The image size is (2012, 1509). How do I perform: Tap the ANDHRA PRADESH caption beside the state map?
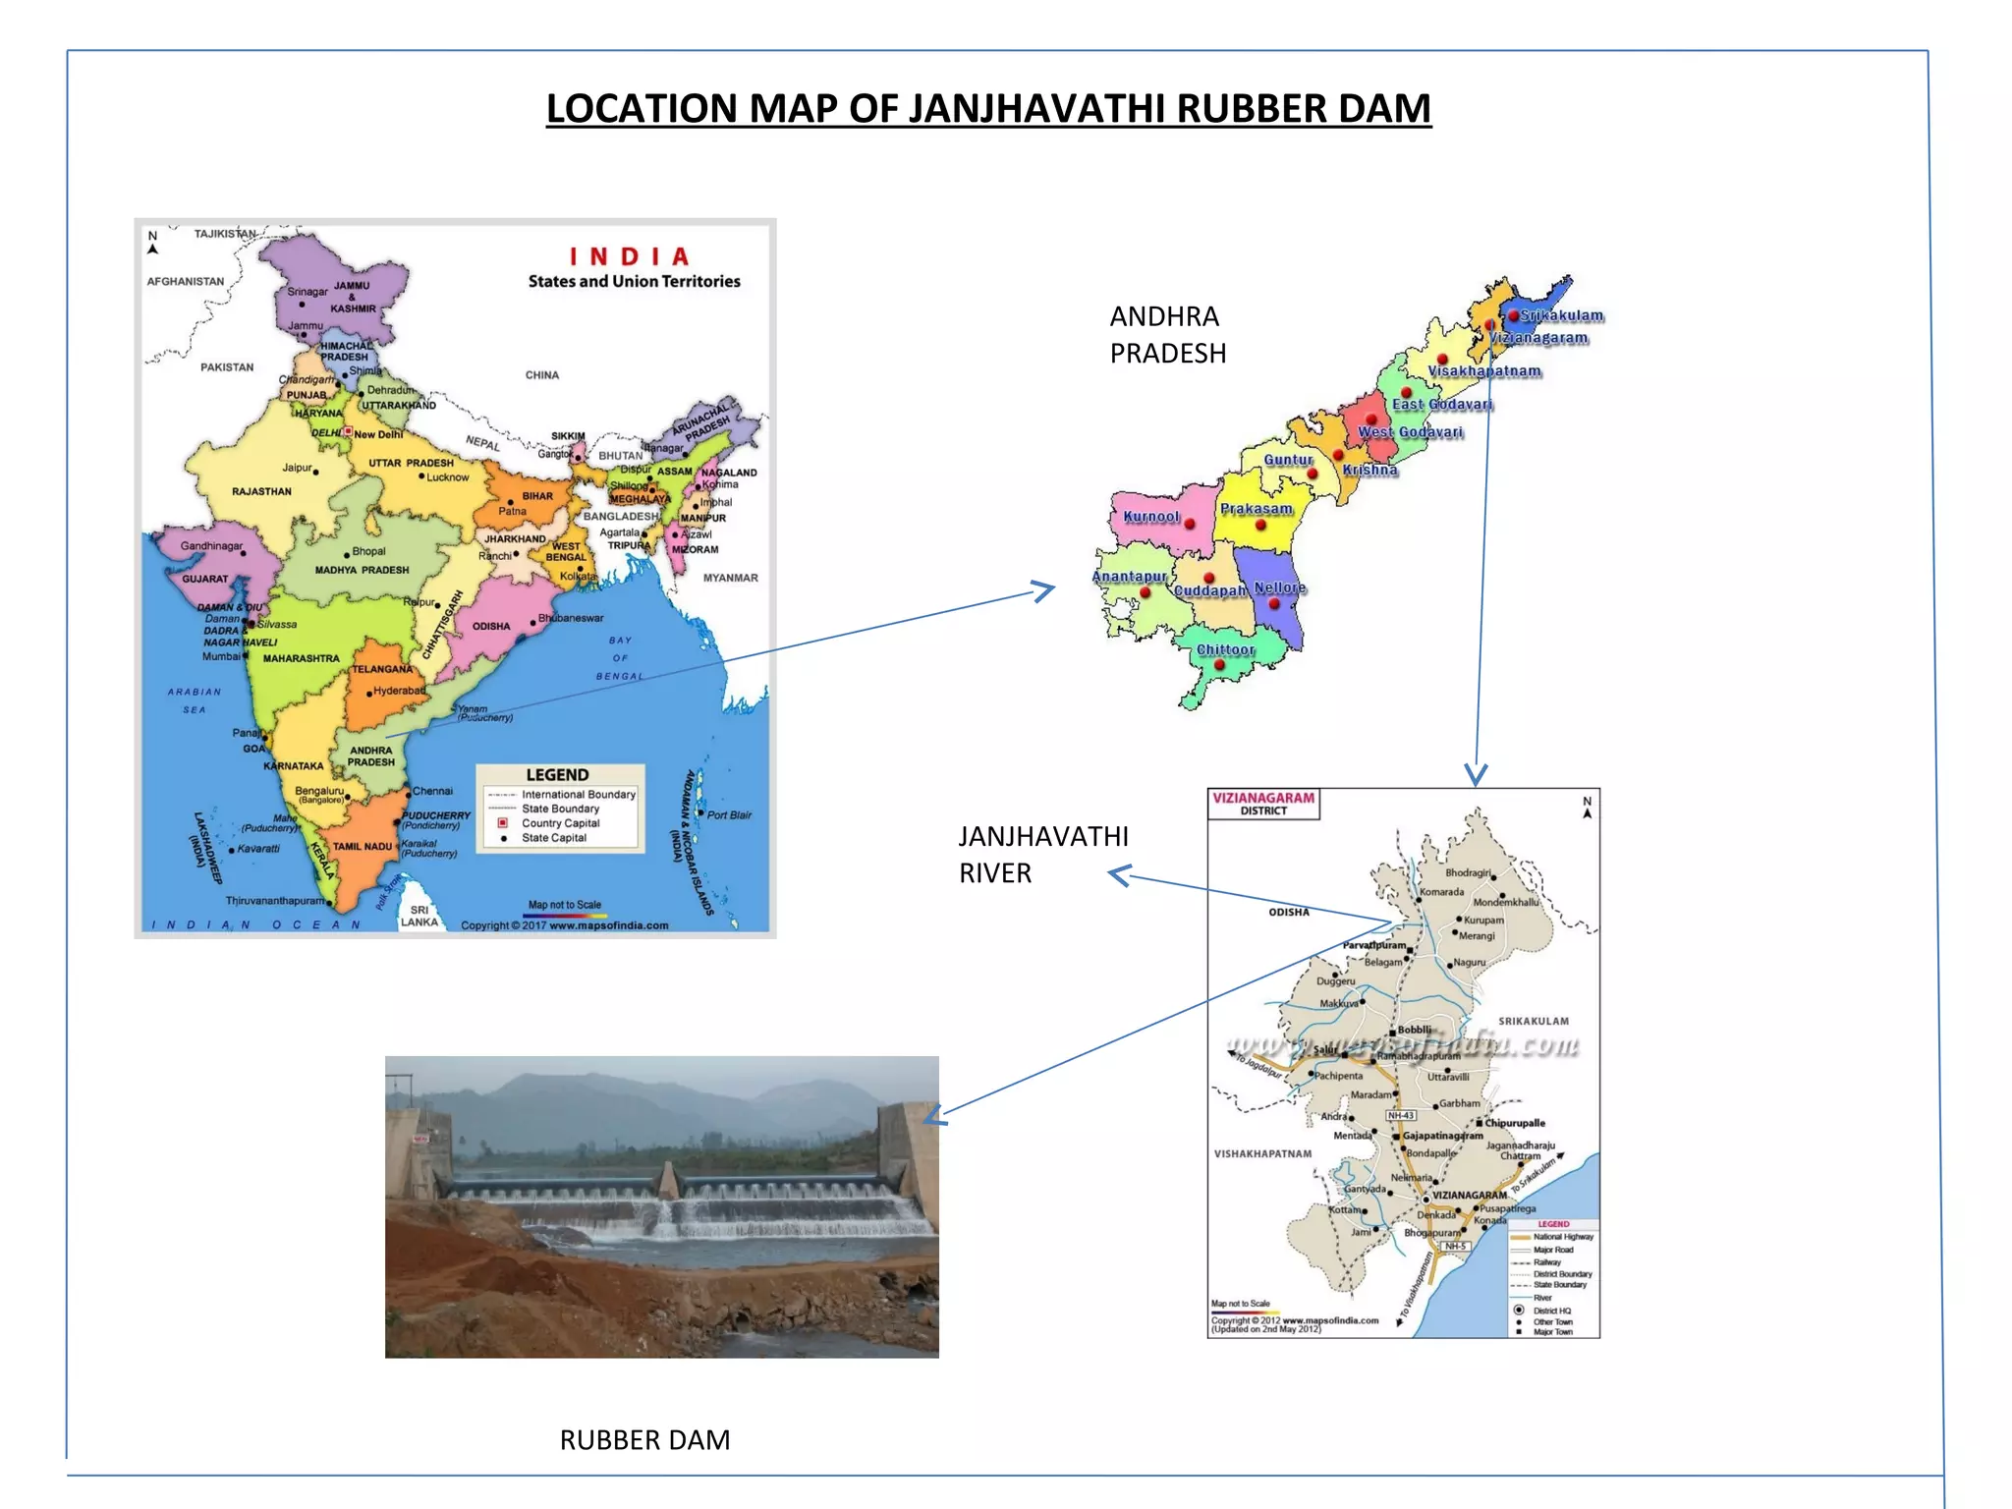(1167, 334)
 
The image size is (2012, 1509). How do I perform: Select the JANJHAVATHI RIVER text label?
(1042, 854)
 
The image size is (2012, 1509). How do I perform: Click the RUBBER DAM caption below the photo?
(644, 1439)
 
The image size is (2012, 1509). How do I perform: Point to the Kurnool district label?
(1150, 516)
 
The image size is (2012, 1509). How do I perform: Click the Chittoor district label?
(1225, 649)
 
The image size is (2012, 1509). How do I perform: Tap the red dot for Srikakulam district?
(1514, 315)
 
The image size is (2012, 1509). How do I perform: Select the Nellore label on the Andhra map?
(1279, 587)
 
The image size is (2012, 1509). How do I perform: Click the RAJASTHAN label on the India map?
(261, 491)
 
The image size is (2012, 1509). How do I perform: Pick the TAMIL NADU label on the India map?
(362, 846)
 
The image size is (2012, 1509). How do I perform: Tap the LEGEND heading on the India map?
(557, 775)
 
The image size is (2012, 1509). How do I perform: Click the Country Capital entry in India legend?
(560, 823)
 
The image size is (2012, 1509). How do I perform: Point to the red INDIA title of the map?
(629, 256)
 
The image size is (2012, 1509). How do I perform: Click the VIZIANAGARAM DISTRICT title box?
(1263, 804)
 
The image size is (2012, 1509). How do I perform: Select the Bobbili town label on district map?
(1414, 1030)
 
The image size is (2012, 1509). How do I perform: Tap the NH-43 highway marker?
(1401, 1115)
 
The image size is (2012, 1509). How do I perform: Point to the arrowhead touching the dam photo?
(931, 1116)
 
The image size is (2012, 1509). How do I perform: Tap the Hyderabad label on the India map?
(399, 691)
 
